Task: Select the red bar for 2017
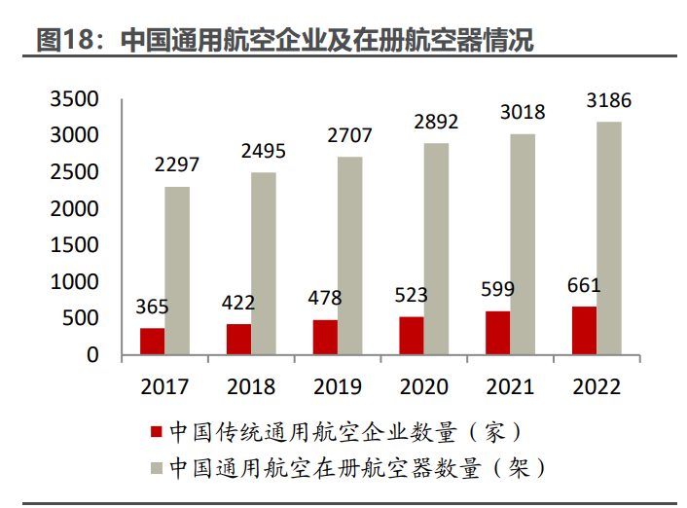152,342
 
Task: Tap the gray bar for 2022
609,238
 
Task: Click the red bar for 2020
412,336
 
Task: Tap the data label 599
497,289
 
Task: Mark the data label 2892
436,122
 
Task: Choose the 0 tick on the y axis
92,355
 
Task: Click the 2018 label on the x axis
251,386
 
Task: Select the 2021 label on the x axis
510,386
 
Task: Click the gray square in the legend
155,468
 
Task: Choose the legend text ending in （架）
356,468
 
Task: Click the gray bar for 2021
523,244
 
